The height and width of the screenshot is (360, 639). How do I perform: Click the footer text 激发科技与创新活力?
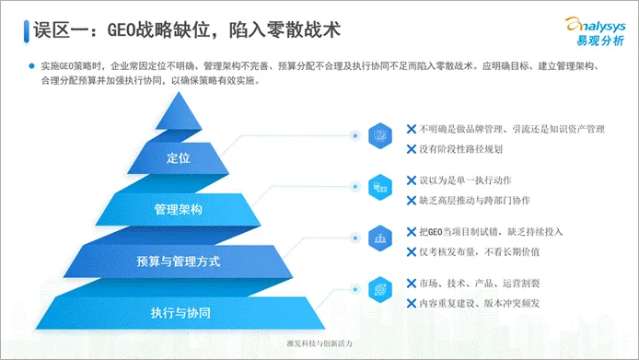[x=319, y=343]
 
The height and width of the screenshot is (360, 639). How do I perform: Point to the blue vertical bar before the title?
[x=26, y=30]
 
